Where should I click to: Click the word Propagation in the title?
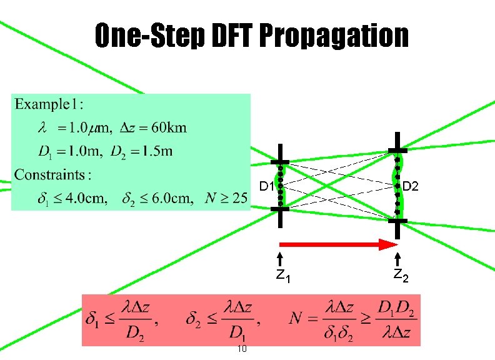click(333, 37)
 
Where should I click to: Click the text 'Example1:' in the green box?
click(51, 104)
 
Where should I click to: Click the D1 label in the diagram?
click(266, 186)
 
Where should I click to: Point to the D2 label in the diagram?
click(411, 186)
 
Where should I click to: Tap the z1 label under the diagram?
click(282, 276)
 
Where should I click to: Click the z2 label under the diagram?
click(400, 276)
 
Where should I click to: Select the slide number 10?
click(242, 349)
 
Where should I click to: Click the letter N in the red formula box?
click(298, 319)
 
